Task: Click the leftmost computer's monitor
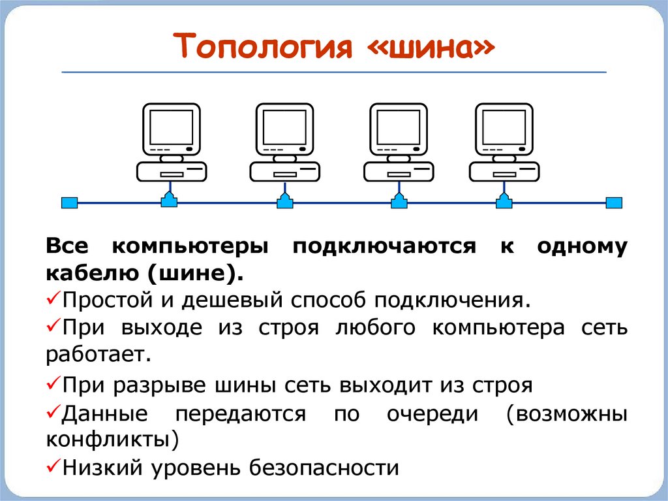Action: (172, 127)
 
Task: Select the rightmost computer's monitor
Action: (504, 127)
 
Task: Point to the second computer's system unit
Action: (284, 172)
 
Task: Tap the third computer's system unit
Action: (398, 172)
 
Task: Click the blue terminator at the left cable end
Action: (69, 202)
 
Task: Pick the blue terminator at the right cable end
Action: (614, 202)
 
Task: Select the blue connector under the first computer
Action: (170, 201)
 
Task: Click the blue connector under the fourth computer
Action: (504, 201)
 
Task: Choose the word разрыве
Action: (160, 385)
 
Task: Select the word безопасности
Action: (323, 468)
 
